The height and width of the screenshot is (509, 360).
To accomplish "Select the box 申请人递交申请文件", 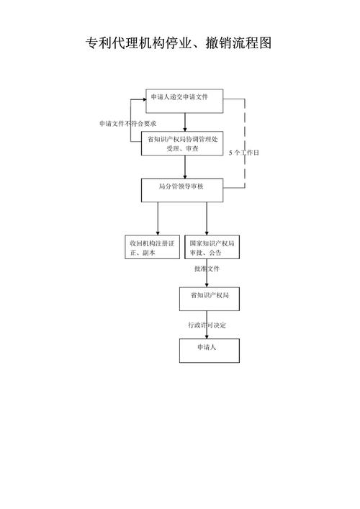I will click(184, 97).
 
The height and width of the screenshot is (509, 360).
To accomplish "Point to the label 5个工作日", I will click(243, 153).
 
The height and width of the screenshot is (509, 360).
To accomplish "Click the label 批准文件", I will click(207, 269).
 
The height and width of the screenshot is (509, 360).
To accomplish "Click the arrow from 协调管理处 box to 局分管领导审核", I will click(185, 167).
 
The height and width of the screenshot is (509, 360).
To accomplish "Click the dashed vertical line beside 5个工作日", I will click(245, 130).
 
